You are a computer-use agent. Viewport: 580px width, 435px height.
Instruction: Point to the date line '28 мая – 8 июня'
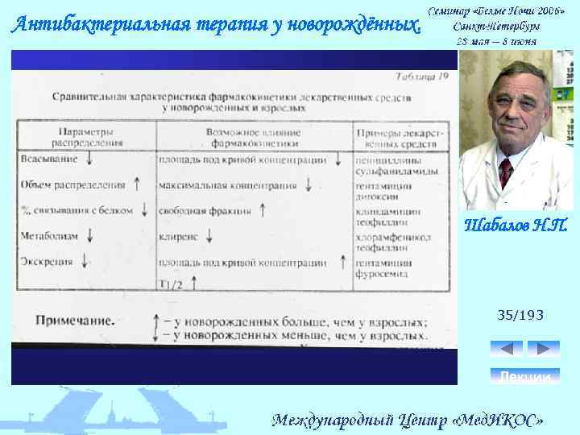tap(496, 41)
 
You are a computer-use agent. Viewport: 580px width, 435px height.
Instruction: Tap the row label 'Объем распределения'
tap(73, 184)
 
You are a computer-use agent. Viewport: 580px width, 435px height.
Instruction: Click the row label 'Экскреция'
tap(48, 262)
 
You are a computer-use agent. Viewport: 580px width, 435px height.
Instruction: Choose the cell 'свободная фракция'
tap(205, 211)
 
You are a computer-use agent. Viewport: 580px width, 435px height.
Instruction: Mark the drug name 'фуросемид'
tap(383, 274)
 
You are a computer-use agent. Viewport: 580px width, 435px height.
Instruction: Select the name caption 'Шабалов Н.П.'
tap(516, 223)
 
